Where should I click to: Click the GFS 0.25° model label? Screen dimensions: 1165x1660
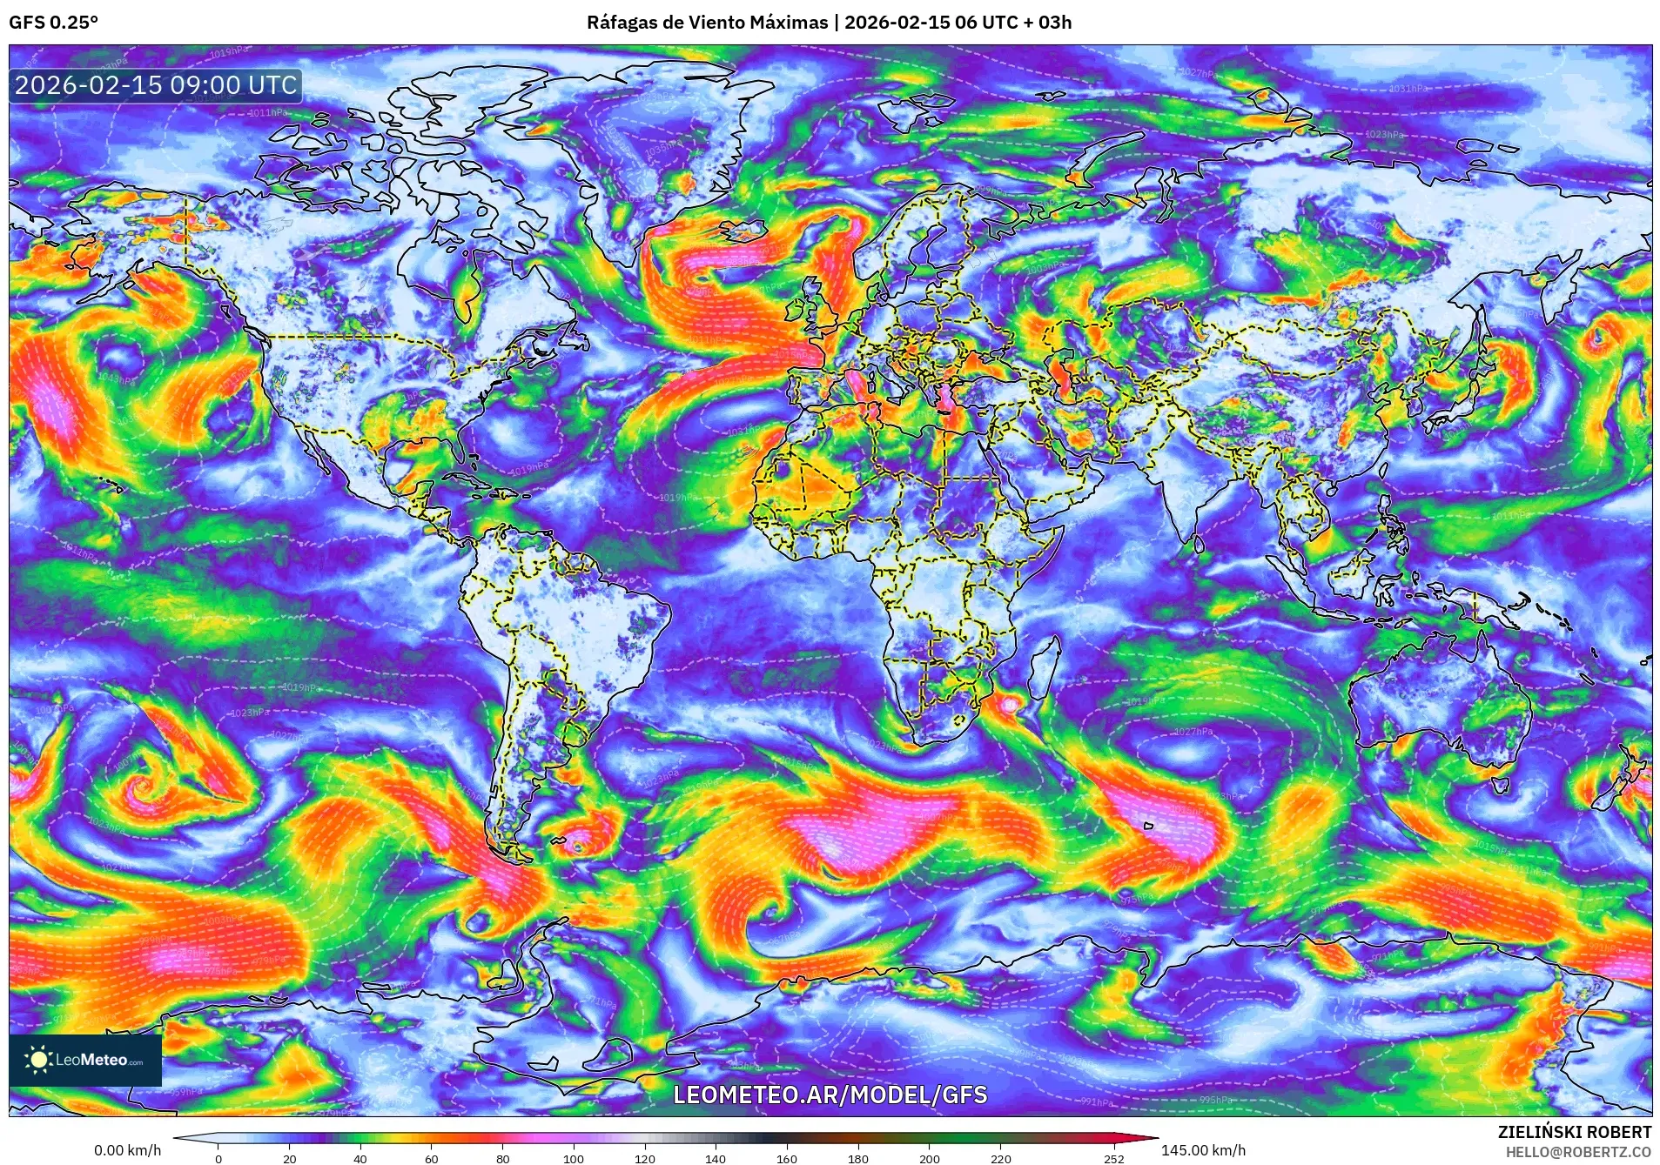(x=53, y=23)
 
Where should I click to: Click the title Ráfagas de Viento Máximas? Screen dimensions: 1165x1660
(x=707, y=23)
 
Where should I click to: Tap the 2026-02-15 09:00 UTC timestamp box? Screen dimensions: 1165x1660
(x=156, y=85)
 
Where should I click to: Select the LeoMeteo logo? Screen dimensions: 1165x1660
(x=85, y=1060)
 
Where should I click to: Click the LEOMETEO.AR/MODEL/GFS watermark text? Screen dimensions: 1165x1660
(x=830, y=1095)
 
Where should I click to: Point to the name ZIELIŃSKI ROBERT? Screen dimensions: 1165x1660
(x=1574, y=1132)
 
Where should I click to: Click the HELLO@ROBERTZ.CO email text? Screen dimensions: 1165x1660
(x=1578, y=1152)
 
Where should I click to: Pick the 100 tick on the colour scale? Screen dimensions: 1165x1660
(x=573, y=1158)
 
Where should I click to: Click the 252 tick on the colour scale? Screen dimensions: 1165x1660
(x=1113, y=1158)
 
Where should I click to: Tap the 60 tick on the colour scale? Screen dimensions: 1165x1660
(x=431, y=1158)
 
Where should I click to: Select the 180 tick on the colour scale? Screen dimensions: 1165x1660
(x=857, y=1158)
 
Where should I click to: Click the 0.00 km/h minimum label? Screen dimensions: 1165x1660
(x=127, y=1150)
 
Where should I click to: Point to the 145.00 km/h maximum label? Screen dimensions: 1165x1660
(x=1203, y=1150)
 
